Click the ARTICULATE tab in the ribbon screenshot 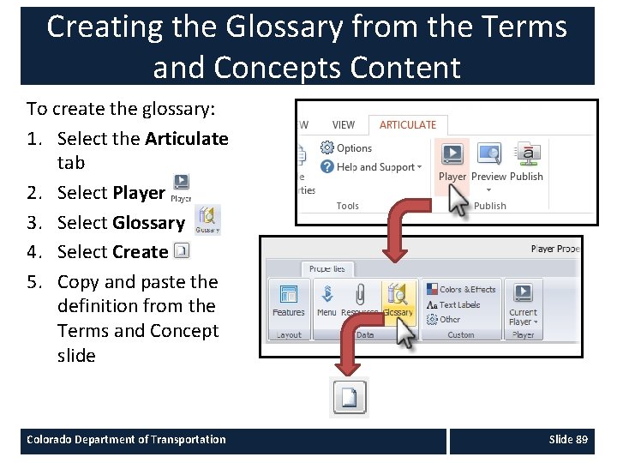pyautogui.click(x=408, y=125)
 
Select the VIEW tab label pyautogui.click(x=344, y=125)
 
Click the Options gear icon pyautogui.click(x=326, y=148)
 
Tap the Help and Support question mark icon pyautogui.click(x=326, y=167)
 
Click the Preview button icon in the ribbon pyautogui.click(x=488, y=155)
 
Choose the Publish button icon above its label pyautogui.click(x=527, y=155)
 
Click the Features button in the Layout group pyautogui.click(x=289, y=300)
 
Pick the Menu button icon pyautogui.click(x=326, y=296)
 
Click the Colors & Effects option pyautogui.click(x=467, y=290)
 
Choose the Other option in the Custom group pyautogui.click(x=450, y=319)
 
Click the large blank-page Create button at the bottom pyautogui.click(x=350, y=397)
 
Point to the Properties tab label pyautogui.click(x=326, y=268)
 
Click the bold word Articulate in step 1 pyautogui.click(x=187, y=139)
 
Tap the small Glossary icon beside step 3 pyautogui.click(x=208, y=219)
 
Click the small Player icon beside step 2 pyautogui.click(x=181, y=186)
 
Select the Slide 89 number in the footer pyautogui.click(x=568, y=440)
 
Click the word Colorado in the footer pyautogui.click(x=50, y=440)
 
